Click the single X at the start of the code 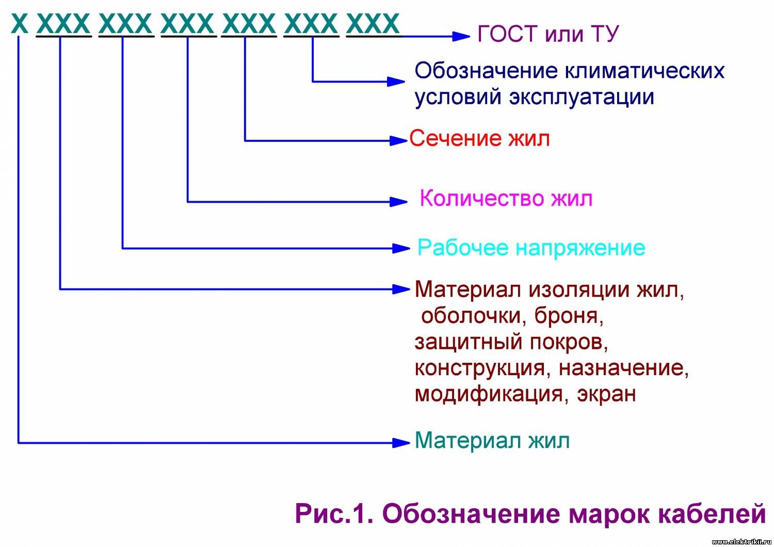[20, 24]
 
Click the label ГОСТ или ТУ [547, 34]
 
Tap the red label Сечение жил [479, 139]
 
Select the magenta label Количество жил [506, 198]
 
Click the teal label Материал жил [492, 441]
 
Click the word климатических [645, 71]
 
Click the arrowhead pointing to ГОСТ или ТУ [461, 36]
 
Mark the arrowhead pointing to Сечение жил [398, 141]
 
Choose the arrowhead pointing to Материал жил [401, 443]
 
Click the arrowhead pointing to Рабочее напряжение [401, 248]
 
